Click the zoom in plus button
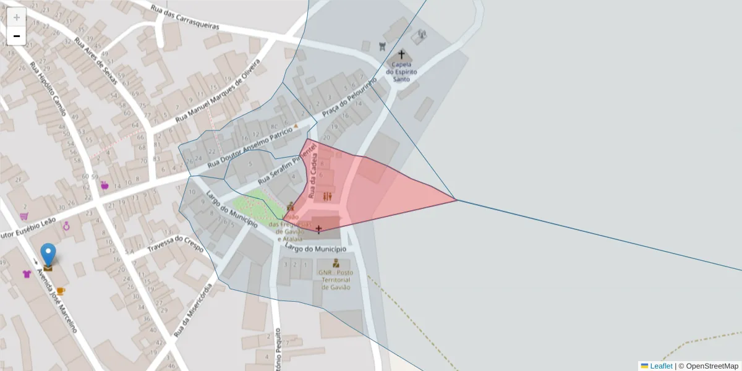pyautogui.click(x=17, y=17)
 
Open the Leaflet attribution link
pyautogui.click(x=661, y=366)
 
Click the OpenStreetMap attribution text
pyautogui.click(x=712, y=366)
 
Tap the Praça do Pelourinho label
pyautogui.click(x=349, y=99)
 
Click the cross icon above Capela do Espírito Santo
pyautogui.click(x=401, y=54)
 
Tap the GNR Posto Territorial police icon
pyautogui.click(x=336, y=263)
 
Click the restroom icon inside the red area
pyautogui.click(x=327, y=197)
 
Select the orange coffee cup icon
pyautogui.click(x=60, y=291)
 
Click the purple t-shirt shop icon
pyautogui.click(x=27, y=274)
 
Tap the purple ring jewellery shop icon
pyautogui.click(x=66, y=226)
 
